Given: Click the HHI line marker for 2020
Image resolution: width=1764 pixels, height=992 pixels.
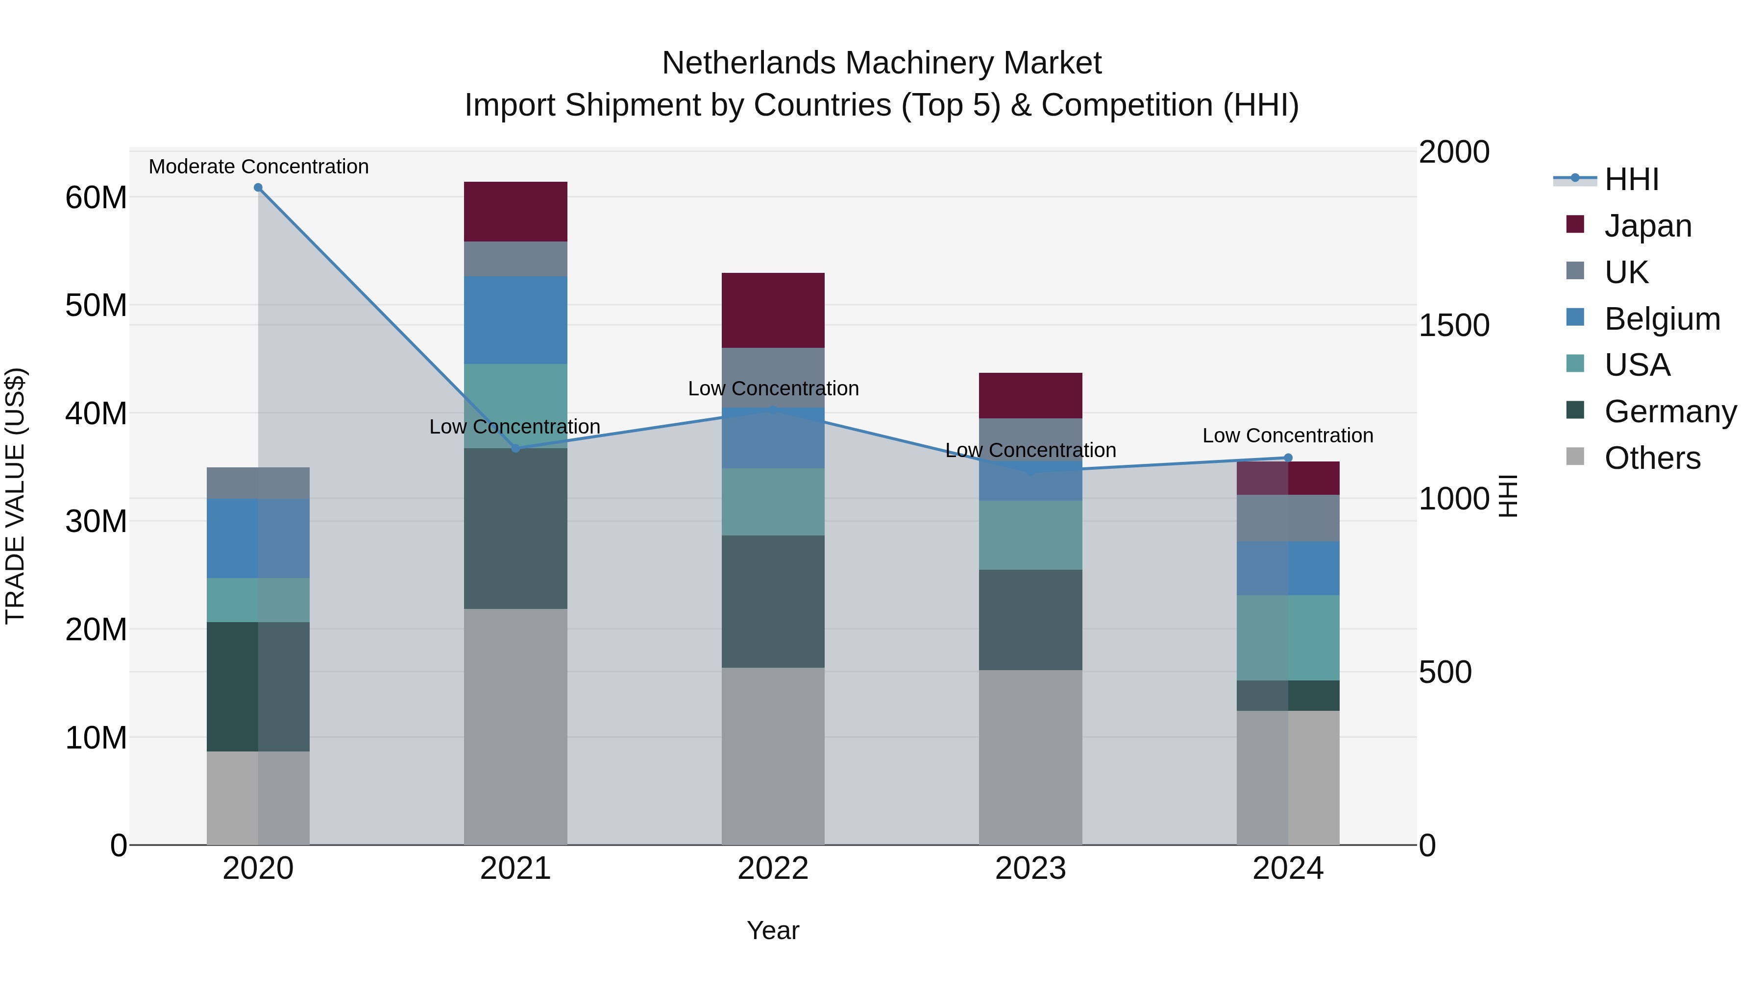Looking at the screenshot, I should [258, 188].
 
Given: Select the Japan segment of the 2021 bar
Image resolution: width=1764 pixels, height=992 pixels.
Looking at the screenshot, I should [515, 212].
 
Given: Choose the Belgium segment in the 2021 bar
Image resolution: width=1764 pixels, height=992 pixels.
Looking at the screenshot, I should [515, 320].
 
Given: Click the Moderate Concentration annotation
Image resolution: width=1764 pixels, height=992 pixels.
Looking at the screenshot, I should [258, 167].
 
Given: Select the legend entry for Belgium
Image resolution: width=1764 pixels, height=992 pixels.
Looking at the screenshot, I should [1662, 319].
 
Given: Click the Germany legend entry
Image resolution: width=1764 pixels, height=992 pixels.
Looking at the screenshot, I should [1670, 411].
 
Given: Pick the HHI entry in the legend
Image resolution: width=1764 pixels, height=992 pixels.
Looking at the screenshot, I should [1631, 179].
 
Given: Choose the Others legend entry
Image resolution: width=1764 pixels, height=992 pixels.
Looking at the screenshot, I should [1652, 458].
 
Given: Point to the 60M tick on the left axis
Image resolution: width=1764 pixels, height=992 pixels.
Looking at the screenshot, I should [96, 198].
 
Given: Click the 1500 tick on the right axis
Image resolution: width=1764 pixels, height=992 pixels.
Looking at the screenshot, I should [1453, 325].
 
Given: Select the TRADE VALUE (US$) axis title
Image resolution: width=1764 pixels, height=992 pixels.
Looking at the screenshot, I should [16, 496].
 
